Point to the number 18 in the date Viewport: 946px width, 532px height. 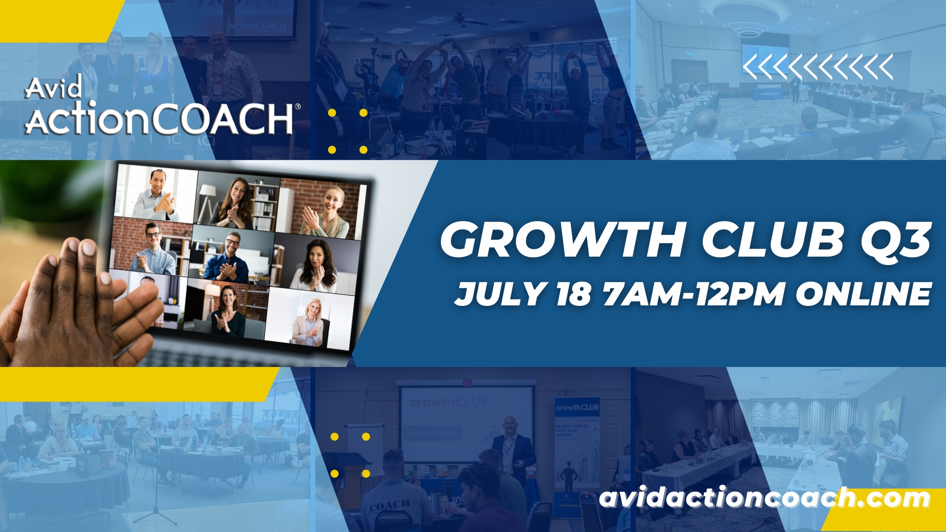click(x=573, y=294)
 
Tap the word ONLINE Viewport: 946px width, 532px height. click(x=863, y=294)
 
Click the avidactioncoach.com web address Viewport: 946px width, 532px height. click(x=764, y=498)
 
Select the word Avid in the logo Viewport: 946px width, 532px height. click(x=53, y=88)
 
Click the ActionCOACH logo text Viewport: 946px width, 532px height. click(x=159, y=119)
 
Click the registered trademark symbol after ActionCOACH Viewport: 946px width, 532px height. click(x=297, y=106)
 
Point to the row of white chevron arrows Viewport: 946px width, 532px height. click(x=817, y=67)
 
